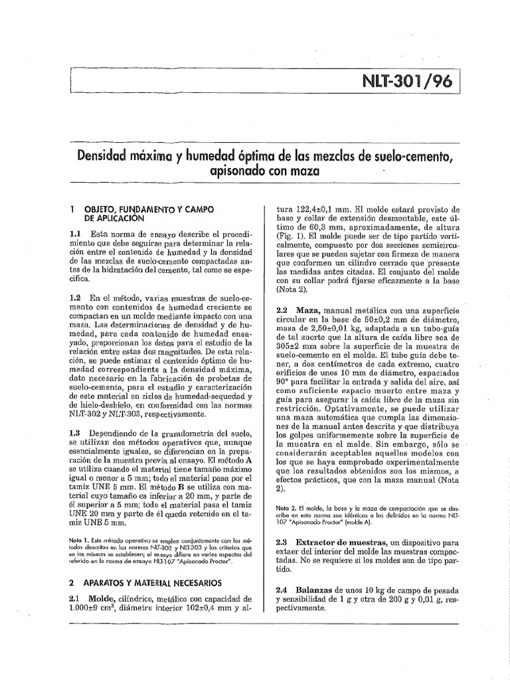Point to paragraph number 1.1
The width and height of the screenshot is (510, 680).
(x=75, y=234)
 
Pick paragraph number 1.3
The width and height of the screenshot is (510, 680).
(x=75, y=432)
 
